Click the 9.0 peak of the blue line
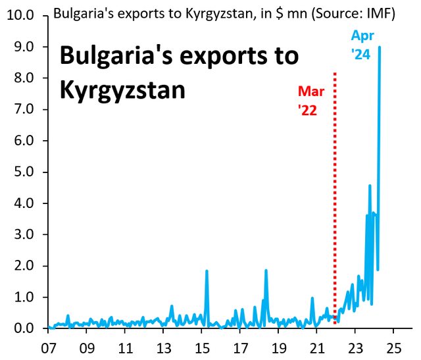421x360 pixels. (x=380, y=48)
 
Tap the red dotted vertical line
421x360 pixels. (x=336, y=197)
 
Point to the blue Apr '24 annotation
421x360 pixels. (x=361, y=46)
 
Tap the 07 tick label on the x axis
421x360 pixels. (x=48, y=347)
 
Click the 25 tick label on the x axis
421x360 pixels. (x=394, y=347)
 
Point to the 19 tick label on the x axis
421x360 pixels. (x=278, y=347)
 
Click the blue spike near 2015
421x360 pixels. (x=207, y=271)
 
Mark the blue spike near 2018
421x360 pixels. (x=266, y=270)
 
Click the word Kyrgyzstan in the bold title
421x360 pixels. (x=122, y=90)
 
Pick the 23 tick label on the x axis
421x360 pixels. (x=355, y=347)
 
